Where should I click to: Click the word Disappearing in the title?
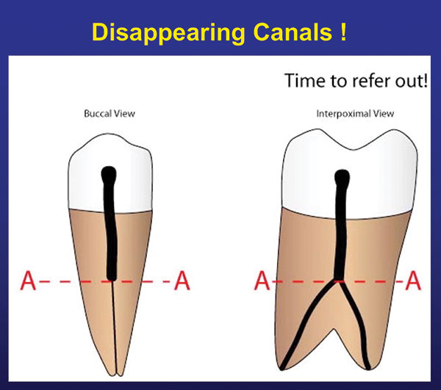click(x=168, y=34)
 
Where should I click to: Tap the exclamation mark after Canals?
click(x=343, y=32)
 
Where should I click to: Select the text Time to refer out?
click(x=356, y=81)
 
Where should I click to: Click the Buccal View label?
click(x=110, y=114)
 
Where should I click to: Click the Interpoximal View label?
click(x=355, y=114)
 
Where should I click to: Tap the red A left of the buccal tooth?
click(x=28, y=281)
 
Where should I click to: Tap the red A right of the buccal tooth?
click(x=182, y=281)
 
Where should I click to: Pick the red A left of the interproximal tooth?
click(x=262, y=281)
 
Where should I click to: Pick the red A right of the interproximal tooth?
click(x=413, y=281)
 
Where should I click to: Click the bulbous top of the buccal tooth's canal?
click(x=109, y=174)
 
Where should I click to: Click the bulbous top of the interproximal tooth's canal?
click(x=342, y=177)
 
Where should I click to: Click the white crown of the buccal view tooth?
click(x=85, y=180)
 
